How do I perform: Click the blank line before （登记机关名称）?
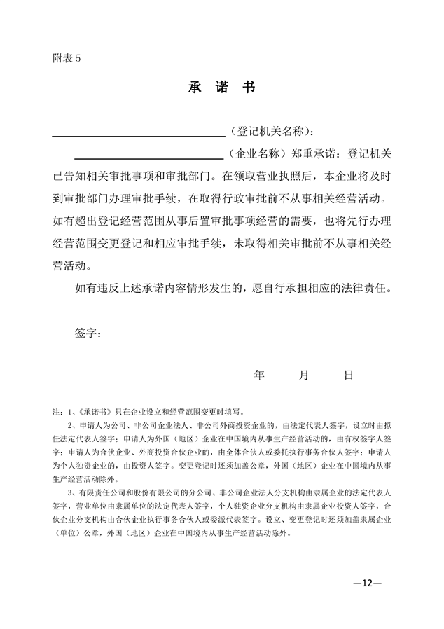click(x=138, y=133)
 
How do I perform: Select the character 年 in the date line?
click(x=258, y=375)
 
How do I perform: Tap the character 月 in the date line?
click(x=303, y=375)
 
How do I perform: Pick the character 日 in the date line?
click(x=348, y=375)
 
